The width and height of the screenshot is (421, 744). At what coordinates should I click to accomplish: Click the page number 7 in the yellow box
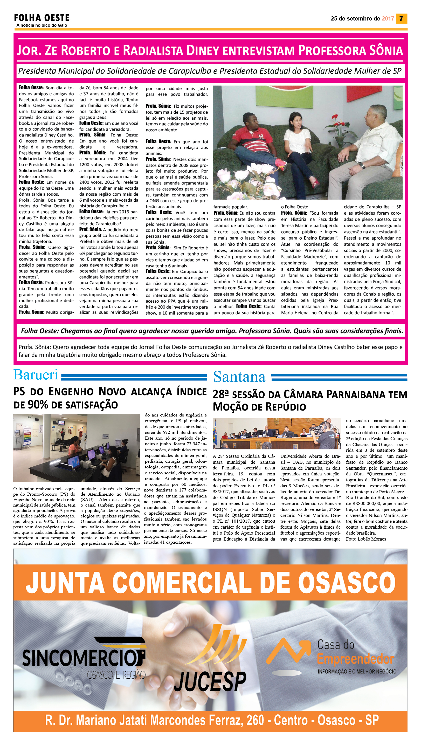[x=401, y=18]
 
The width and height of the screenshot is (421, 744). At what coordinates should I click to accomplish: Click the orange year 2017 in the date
[x=388, y=18]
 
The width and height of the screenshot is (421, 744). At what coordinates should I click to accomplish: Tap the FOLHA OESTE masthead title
[x=42, y=18]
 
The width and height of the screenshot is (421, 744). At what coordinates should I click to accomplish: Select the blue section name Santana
[x=239, y=377]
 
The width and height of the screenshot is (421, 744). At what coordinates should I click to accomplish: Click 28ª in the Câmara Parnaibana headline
[x=221, y=394]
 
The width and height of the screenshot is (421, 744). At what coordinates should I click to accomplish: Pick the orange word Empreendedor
[x=355, y=659]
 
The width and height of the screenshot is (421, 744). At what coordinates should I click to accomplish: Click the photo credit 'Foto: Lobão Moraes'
[x=366, y=539]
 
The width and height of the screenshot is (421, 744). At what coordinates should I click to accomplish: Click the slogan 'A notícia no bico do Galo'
[x=42, y=25]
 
